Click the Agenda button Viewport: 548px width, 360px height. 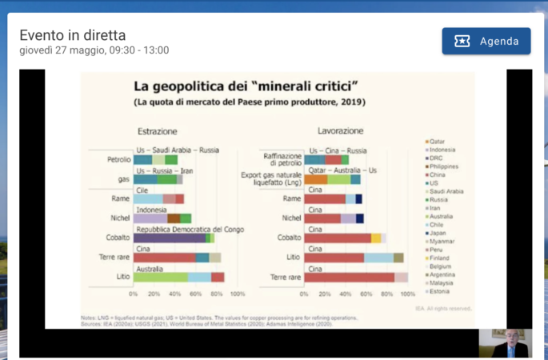(486, 41)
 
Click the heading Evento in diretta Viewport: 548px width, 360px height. (72, 35)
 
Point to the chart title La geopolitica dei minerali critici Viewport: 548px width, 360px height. (245, 86)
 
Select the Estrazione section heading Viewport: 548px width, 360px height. (157, 130)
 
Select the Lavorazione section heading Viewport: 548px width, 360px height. (340, 130)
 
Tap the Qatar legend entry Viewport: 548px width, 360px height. (437, 142)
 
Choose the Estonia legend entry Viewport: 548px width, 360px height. (440, 290)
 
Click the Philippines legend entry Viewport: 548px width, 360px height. (444, 166)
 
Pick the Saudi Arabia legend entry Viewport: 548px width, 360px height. (446, 191)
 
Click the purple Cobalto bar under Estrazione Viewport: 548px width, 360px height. (169, 238)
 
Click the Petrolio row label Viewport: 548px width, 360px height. (118, 159)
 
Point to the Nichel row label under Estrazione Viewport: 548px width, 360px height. (120, 218)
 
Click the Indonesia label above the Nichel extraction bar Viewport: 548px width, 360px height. (151, 210)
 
